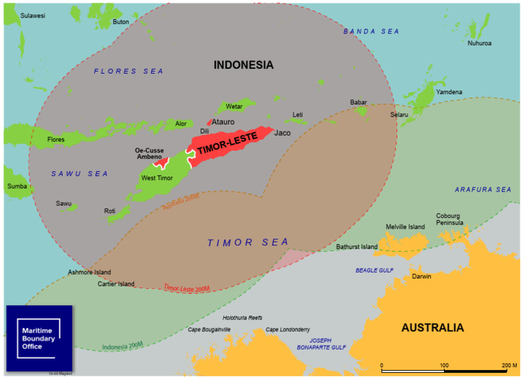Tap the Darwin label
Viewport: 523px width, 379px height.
click(x=421, y=277)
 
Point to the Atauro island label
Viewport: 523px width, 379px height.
click(x=223, y=122)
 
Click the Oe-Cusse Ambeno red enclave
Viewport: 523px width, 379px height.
click(x=161, y=162)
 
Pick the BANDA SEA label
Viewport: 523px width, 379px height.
click(x=371, y=31)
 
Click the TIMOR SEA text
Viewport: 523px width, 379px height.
click(x=248, y=242)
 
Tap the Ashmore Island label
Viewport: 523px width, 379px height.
click(x=89, y=272)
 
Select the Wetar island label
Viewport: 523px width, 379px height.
click(x=234, y=106)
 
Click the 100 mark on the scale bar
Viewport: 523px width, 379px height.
click(x=444, y=366)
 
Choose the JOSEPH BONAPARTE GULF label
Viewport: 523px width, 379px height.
click(x=321, y=344)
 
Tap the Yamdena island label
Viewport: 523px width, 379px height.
click(x=449, y=91)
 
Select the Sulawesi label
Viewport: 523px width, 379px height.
click(x=33, y=15)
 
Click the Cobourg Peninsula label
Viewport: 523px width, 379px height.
click(x=449, y=219)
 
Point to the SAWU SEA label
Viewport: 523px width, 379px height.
click(x=80, y=174)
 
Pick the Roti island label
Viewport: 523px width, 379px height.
click(x=110, y=211)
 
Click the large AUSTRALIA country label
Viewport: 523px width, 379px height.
click(x=432, y=328)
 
